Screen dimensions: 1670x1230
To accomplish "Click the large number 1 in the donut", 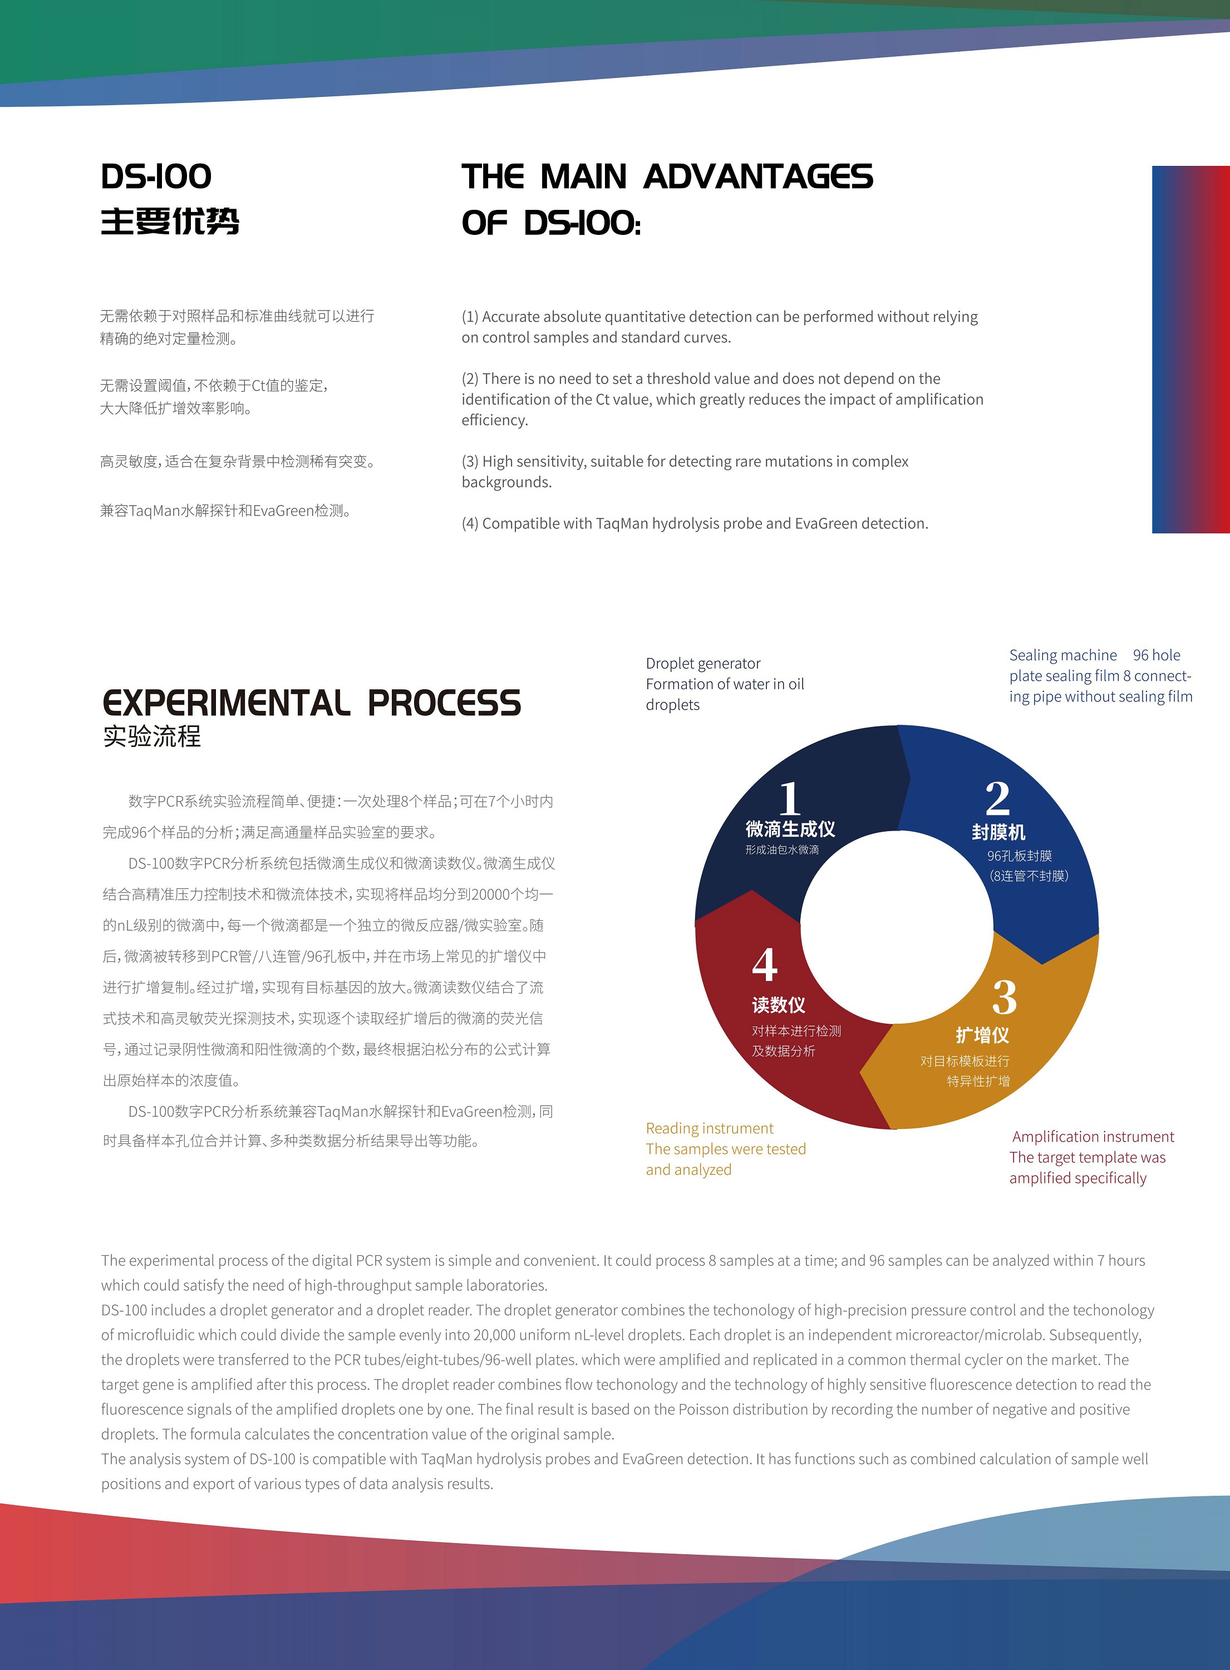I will [789, 798].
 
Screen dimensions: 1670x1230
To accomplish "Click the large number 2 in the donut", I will [998, 798].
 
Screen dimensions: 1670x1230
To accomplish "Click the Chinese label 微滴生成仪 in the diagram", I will [790, 829].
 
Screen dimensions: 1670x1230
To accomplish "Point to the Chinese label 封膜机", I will [998, 832].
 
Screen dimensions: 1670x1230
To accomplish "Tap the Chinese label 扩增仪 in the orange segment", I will [982, 1035].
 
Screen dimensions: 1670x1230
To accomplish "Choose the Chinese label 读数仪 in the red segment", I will [778, 1005].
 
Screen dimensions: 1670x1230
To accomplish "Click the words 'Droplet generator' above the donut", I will [703, 664].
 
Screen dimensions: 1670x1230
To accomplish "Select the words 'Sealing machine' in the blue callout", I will [1062, 655].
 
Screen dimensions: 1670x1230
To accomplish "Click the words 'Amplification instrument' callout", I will [1093, 1137].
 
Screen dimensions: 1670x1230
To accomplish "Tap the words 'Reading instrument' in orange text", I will [710, 1128].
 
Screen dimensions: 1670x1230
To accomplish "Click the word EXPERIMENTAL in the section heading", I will [225, 704].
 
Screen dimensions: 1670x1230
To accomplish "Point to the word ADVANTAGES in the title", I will [758, 177].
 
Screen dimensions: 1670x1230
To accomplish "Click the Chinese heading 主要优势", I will [170, 221].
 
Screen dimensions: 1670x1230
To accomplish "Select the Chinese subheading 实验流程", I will [152, 736].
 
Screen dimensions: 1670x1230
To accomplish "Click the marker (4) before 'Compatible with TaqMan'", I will [470, 523].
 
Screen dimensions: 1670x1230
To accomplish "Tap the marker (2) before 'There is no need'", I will [470, 379].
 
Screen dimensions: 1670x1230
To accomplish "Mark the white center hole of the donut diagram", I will [897, 927].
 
